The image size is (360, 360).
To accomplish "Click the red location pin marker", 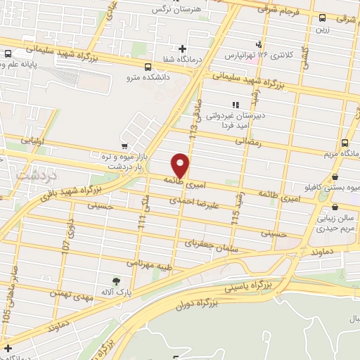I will pyautogui.click(x=181, y=165).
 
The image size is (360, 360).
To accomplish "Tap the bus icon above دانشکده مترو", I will pyautogui.click(x=147, y=67).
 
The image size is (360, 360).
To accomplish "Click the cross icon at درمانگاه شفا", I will pyautogui.click(x=183, y=49).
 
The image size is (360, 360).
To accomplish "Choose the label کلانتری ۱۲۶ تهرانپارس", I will pyautogui.click(x=267, y=54).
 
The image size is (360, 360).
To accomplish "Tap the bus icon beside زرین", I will pyautogui.click(x=321, y=19).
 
